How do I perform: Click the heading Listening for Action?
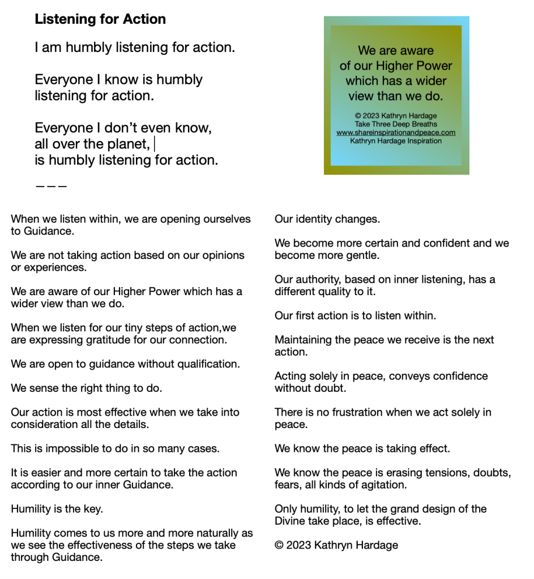click(100, 19)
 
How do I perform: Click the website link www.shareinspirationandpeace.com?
click(396, 133)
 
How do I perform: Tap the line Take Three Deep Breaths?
click(396, 124)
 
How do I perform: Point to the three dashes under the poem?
click(51, 185)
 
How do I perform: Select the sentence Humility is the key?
click(57, 509)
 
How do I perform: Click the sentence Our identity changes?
click(327, 219)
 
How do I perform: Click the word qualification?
click(208, 364)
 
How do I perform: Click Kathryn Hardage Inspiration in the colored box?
click(396, 141)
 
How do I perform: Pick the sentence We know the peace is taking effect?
click(362, 448)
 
